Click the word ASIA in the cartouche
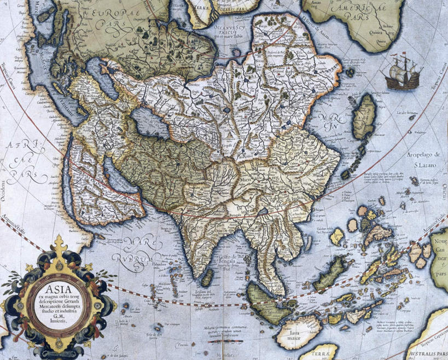pyautogui.click(x=52, y=288)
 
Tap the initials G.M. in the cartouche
pyautogui.click(x=52, y=316)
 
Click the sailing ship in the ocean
pyautogui.click(x=403, y=72)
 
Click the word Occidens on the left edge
pyautogui.click(x=5, y=187)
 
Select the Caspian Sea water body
pyautogui.click(x=144, y=123)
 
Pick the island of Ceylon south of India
pyautogui.click(x=207, y=278)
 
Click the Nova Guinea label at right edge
pyautogui.click(x=440, y=252)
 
